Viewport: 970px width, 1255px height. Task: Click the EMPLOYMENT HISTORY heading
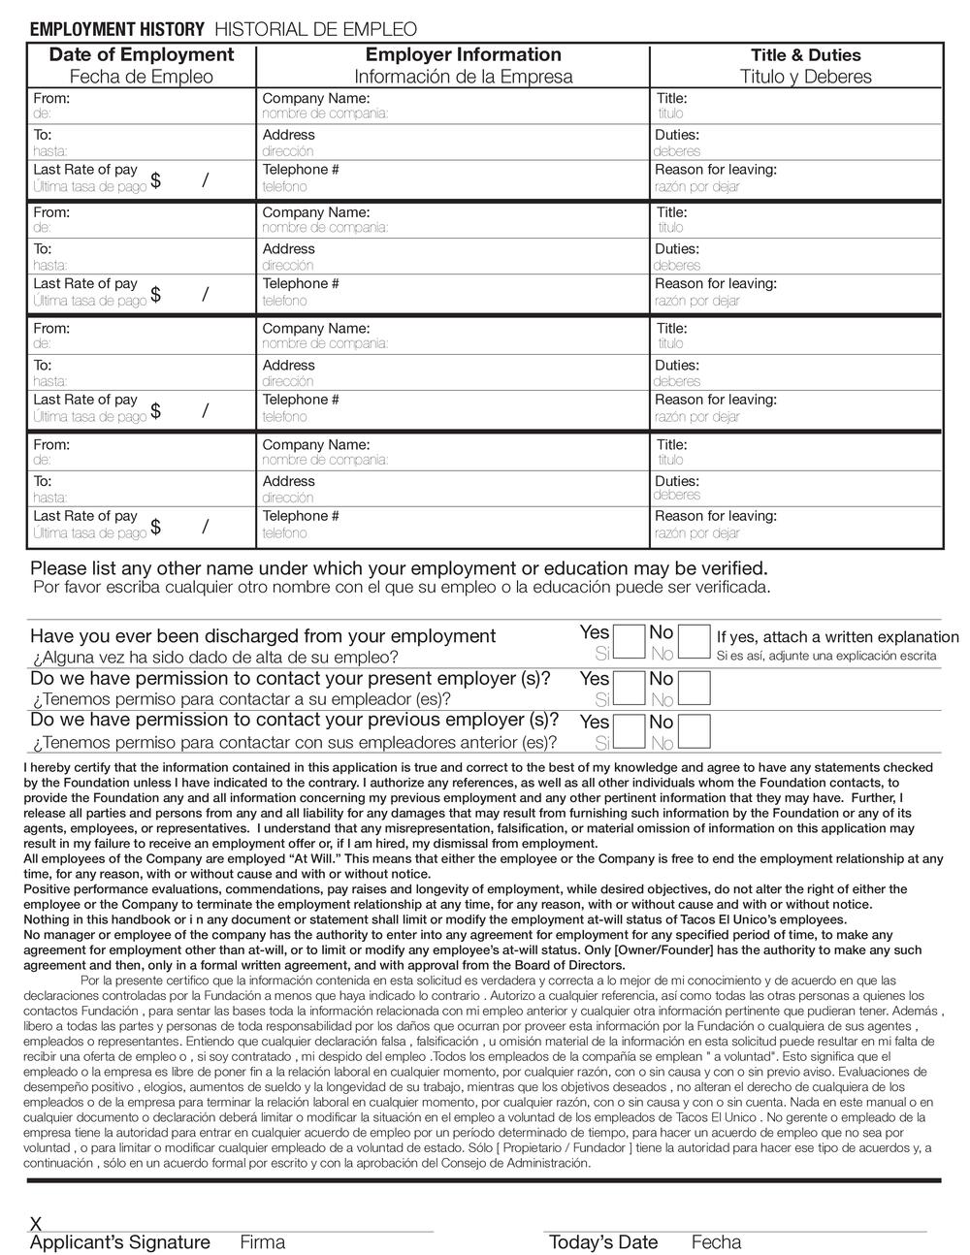coord(117,30)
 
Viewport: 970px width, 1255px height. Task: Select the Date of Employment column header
coord(142,55)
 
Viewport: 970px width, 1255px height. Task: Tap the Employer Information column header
coord(463,55)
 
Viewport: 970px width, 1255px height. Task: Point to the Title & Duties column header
coord(805,56)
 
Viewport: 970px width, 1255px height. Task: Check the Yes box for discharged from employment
coord(630,642)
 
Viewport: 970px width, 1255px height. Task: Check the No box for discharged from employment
coord(694,642)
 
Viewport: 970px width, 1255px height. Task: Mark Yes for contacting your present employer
coord(630,687)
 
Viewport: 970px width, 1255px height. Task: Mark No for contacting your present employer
coord(694,687)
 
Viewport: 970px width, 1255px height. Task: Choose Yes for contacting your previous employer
coord(630,730)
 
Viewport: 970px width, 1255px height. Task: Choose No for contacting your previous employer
coord(694,730)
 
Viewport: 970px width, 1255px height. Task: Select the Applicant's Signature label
coord(120,1242)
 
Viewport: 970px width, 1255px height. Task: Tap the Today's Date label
coord(603,1242)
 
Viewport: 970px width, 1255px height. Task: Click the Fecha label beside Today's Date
coord(716,1242)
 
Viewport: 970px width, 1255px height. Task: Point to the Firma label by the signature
coord(262,1242)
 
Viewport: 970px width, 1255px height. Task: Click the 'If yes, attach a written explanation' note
coord(837,637)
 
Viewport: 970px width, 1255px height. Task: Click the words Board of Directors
coord(566,965)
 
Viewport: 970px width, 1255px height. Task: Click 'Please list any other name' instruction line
coord(399,568)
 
